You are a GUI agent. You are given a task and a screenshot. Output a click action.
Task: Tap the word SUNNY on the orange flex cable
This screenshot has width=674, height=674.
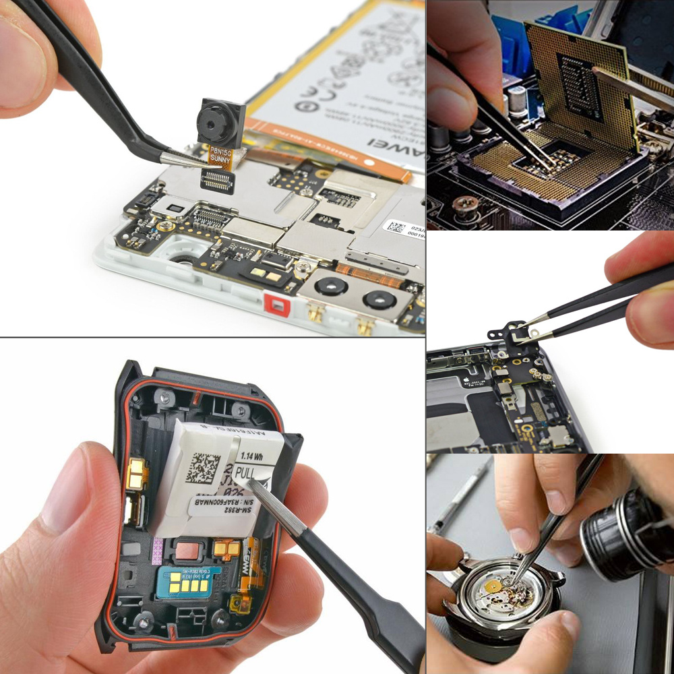pyautogui.click(x=220, y=158)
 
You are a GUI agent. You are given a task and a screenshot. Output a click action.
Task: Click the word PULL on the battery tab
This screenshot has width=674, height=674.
pyautogui.click(x=247, y=474)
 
